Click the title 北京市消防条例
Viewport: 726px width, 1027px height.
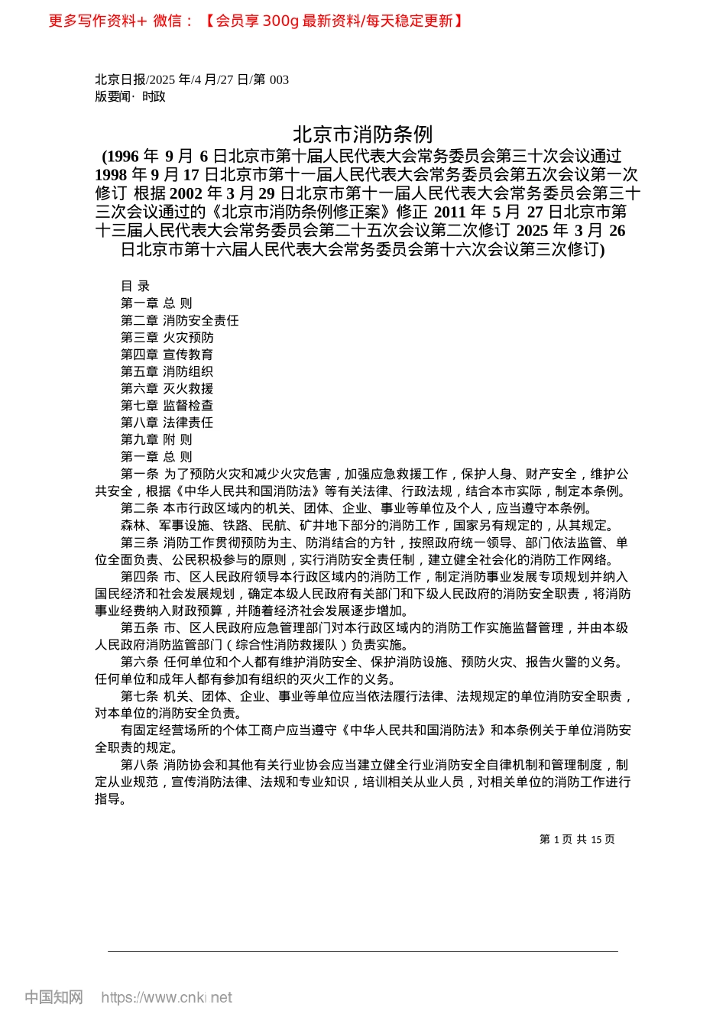(x=362, y=134)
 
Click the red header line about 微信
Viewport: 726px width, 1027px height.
(x=255, y=21)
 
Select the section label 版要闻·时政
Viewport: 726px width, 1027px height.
(x=130, y=96)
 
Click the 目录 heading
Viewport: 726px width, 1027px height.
(x=135, y=286)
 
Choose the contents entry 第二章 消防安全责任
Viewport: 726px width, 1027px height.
(x=180, y=320)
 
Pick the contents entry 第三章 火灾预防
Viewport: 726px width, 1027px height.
(x=167, y=337)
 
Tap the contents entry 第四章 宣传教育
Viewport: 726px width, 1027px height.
(x=167, y=355)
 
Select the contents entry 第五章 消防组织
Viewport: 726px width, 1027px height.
(x=167, y=371)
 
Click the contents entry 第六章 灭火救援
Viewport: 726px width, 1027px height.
(x=167, y=388)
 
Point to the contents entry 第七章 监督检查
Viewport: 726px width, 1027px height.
(x=167, y=405)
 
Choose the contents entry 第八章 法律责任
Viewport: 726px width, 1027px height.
(x=167, y=423)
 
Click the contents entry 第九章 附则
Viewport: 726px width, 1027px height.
(x=157, y=439)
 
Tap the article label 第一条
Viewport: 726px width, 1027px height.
(x=139, y=474)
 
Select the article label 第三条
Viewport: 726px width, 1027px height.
(x=139, y=543)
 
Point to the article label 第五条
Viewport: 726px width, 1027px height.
(x=139, y=627)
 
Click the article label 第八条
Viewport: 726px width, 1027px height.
(x=139, y=764)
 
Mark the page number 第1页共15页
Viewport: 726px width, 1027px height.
(x=577, y=839)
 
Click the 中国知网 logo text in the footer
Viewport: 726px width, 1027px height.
(x=53, y=997)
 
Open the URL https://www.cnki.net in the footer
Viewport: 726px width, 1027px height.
(x=167, y=997)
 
